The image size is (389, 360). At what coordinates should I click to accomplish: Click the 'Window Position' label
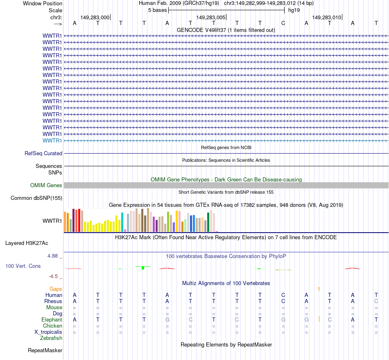click(x=43, y=3)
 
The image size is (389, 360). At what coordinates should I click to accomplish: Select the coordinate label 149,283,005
click(x=210, y=17)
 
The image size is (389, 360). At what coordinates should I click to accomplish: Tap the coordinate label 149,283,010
click(x=326, y=17)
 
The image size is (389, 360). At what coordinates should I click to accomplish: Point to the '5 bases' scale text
click(x=157, y=10)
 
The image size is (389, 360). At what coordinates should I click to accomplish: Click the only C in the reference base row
click(x=283, y=23)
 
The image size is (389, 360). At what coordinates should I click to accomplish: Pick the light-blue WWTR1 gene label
click(x=52, y=140)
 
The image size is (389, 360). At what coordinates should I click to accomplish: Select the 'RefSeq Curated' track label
click(x=43, y=154)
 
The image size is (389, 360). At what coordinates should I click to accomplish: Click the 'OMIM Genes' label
click(x=46, y=186)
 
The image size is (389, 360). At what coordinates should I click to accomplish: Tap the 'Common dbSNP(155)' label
click(x=37, y=198)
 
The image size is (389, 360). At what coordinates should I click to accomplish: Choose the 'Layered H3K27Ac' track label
click(x=27, y=243)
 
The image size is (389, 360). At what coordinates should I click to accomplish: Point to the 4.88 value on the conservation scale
click(x=55, y=256)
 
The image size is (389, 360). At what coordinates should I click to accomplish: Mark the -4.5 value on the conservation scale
click(x=56, y=276)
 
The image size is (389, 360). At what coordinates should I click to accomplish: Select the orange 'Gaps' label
click(x=56, y=289)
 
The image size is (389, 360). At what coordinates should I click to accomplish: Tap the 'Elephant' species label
click(x=52, y=319)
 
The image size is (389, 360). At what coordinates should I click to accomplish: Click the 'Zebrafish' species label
click(x=51, y=338)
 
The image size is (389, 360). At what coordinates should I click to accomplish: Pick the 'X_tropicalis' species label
click(x=48, y=332)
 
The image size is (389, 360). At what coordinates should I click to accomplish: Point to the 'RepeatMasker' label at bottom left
click(x=45, y=351)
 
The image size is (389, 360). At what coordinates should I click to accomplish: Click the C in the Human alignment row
click(x=283, y=295)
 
